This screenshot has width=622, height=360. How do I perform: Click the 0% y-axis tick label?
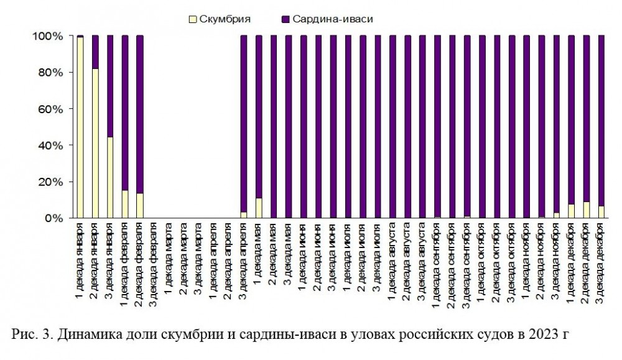click(x=53, y=218)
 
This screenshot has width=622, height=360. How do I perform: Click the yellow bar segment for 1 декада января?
click(x=80, y=127)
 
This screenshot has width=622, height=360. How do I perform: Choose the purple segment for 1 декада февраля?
click(x=125, y=112)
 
